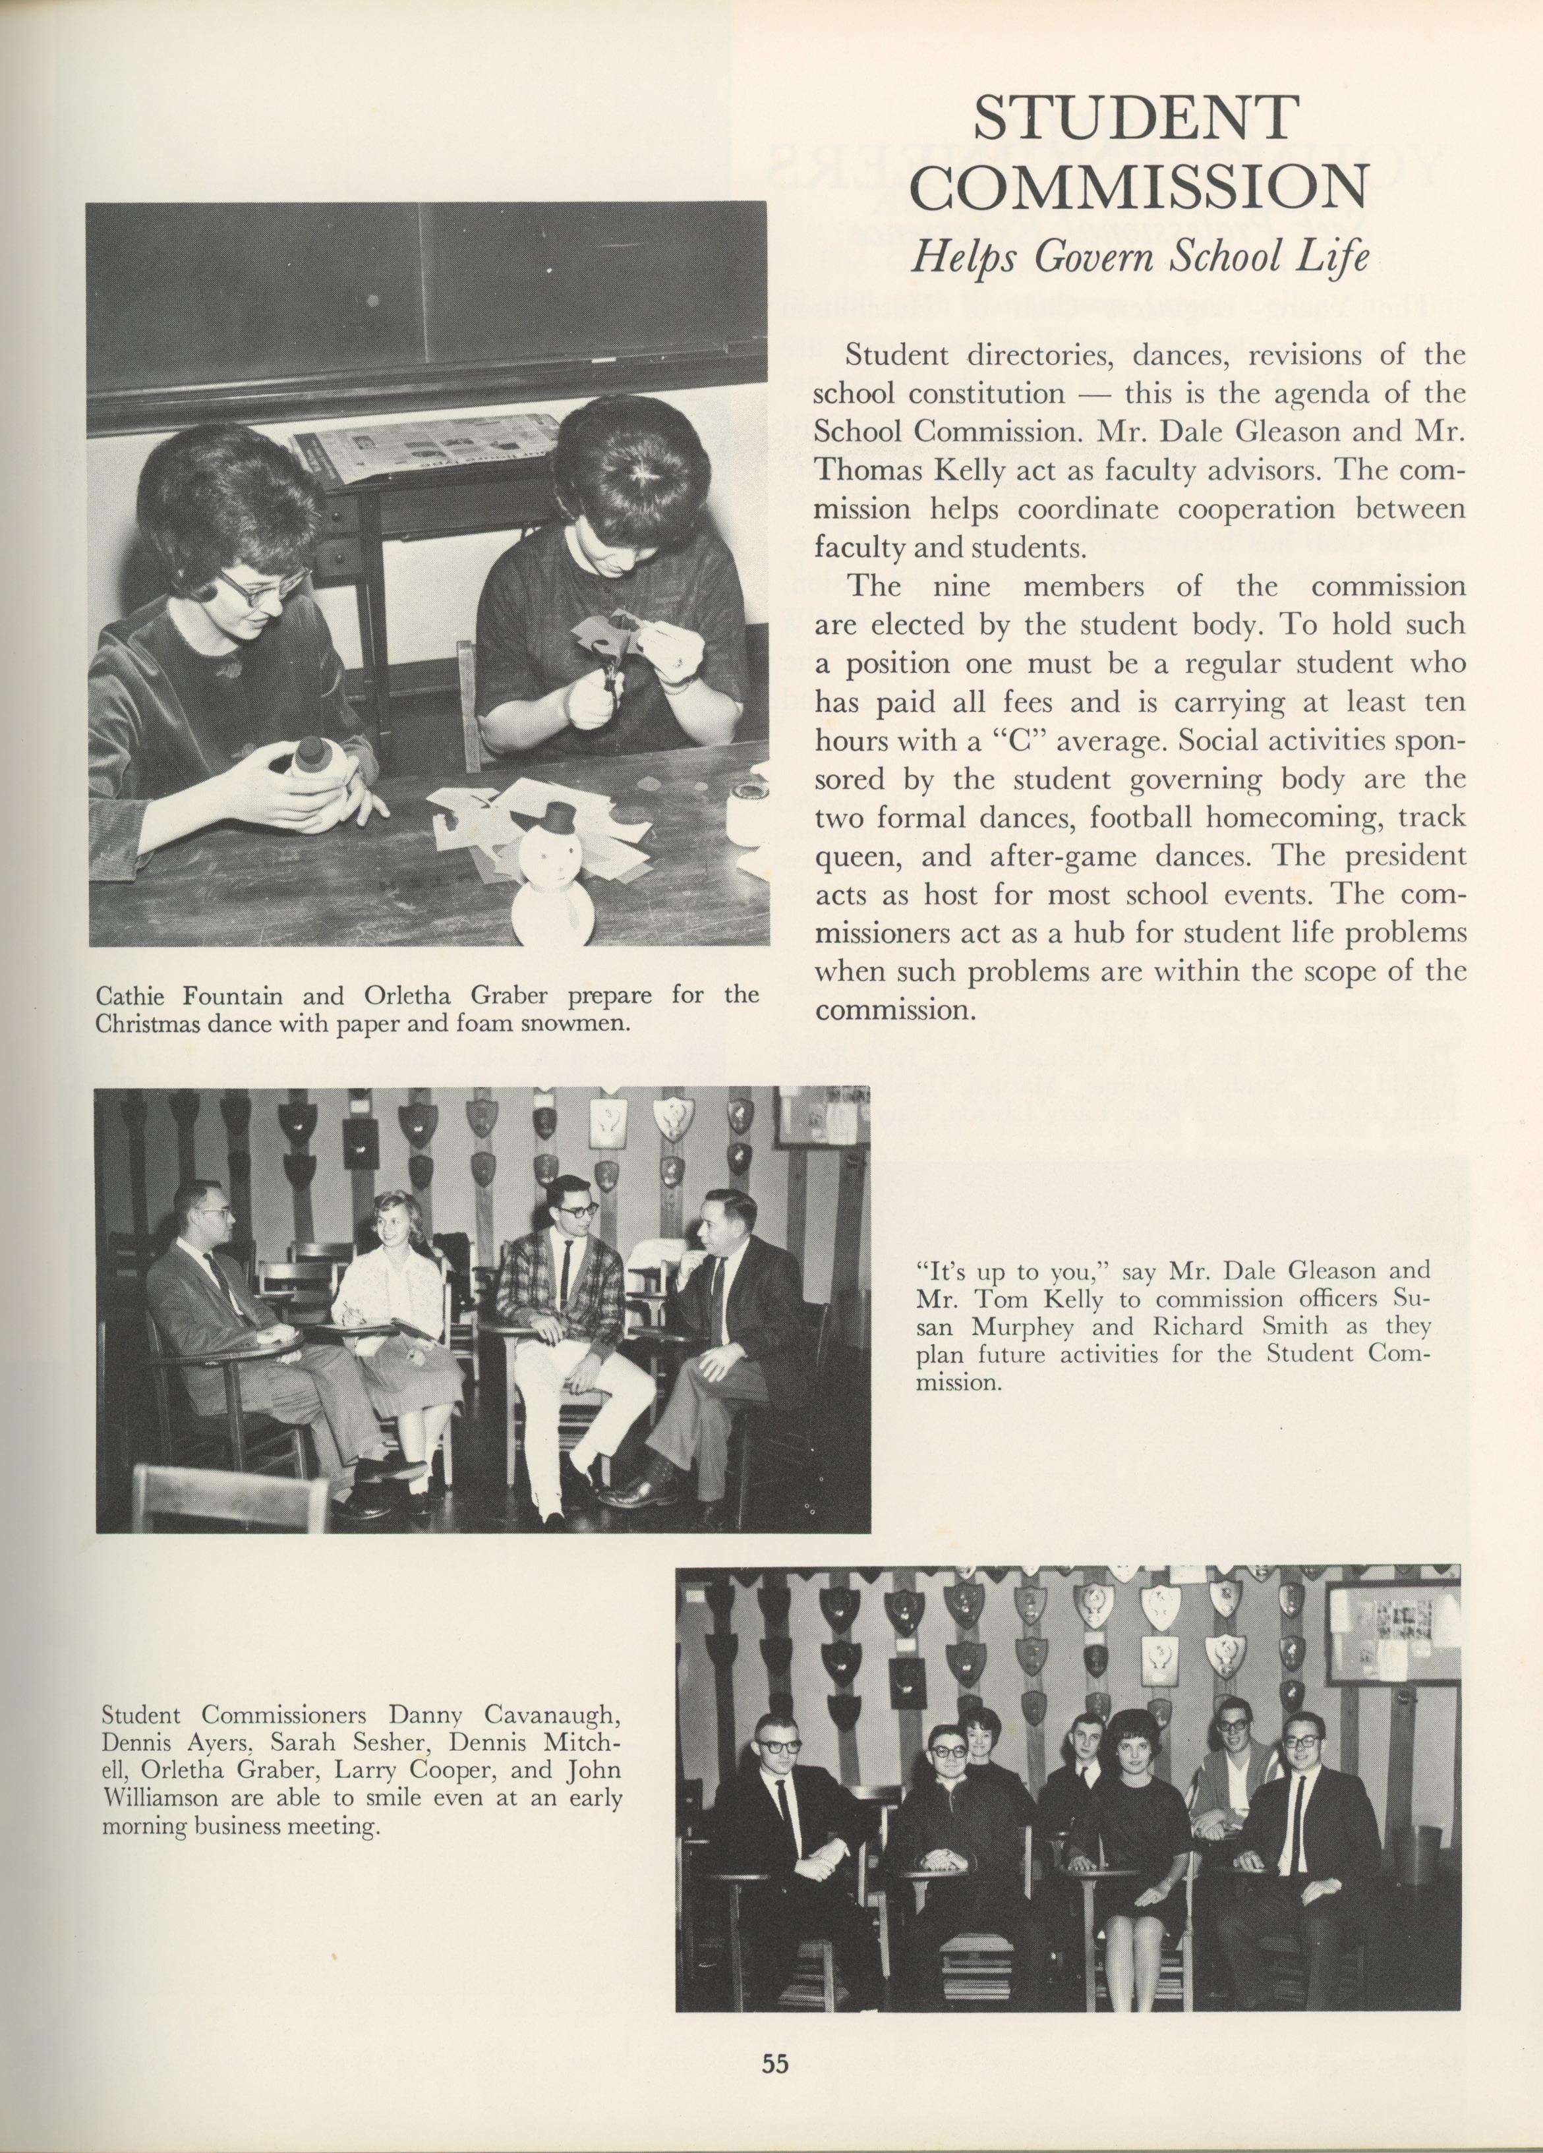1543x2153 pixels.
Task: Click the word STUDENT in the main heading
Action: coord(1135,119)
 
